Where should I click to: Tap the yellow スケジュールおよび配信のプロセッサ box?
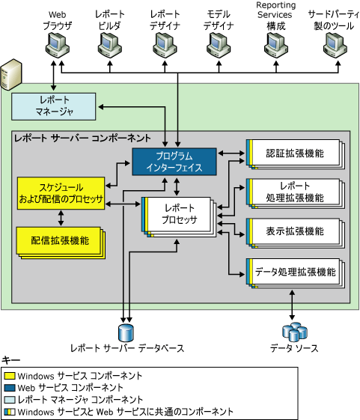pyautogui.click(x=60, y=192)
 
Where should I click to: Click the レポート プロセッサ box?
pyautogui.click(x=180, y=215)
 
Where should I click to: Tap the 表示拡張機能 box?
pyautogui.click(x=293, y=231)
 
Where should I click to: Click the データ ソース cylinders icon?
pyautogui.click(x=293, y=330)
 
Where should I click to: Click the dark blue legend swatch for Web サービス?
pyautogui.click(x=10, y=388)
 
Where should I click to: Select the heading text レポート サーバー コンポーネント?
pyautogui.click(x=82, y=139)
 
